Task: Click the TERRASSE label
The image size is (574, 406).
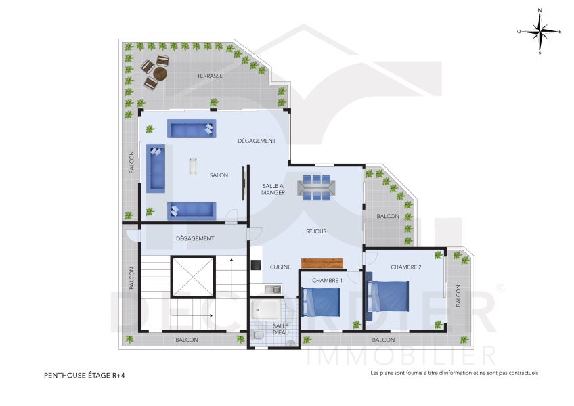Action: pos(210,76)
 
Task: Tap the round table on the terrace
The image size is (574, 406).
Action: pos(160,74)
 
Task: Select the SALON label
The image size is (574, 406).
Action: pos(219,175)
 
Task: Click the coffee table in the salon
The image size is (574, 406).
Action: pos(193,166)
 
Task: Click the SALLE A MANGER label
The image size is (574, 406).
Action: pos(273,189)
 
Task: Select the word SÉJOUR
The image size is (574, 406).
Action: pos(316,231)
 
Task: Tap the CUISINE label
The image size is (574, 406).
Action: pos(280,267)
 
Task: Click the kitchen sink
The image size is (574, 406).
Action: pos(273,289)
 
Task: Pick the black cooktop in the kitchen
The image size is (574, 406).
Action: pos(256,265)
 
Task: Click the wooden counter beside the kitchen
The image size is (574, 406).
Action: pos(322,263)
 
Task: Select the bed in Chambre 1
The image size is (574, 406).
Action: pos(321,302)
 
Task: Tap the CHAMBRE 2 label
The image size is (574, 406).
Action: pos(406,267)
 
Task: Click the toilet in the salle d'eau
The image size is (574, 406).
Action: pos(259,335)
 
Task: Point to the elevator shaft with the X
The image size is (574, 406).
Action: pos(193,277)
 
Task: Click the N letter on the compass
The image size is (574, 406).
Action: pos(540,11)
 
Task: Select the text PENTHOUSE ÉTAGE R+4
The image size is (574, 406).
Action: pos(85,376)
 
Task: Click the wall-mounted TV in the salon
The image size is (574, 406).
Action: pos(243,183)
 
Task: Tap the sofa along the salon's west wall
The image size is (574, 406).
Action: pos(156,168)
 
